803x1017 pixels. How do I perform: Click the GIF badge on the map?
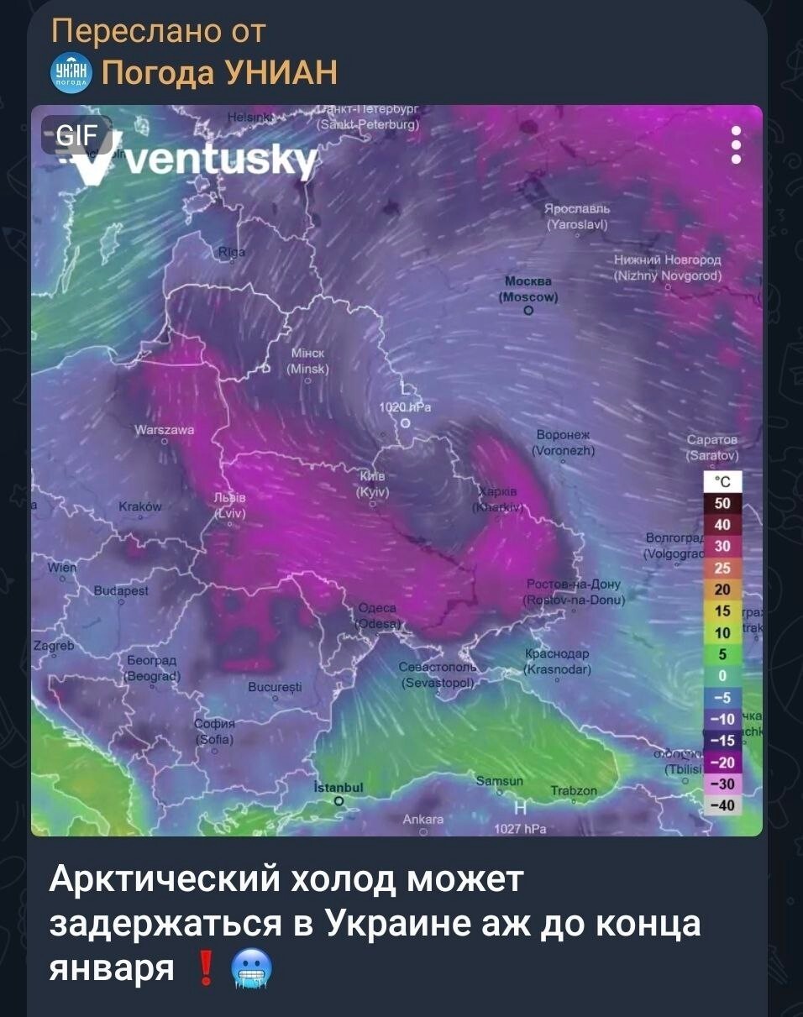76,134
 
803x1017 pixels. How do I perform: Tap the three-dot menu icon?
736,144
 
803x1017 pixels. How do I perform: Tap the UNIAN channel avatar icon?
70,74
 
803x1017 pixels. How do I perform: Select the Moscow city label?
528,288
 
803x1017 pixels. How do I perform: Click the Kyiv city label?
372,483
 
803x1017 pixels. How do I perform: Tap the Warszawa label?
165,430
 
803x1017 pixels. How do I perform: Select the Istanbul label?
338,788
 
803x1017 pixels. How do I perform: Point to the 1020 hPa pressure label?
406,407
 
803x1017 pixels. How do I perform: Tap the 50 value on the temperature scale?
722,504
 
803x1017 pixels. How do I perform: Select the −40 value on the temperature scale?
722,805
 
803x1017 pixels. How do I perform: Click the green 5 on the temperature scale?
722,654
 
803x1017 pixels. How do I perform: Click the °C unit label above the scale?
722,481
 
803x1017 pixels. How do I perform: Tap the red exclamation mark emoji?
206,968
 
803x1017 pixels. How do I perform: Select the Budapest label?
121,590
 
